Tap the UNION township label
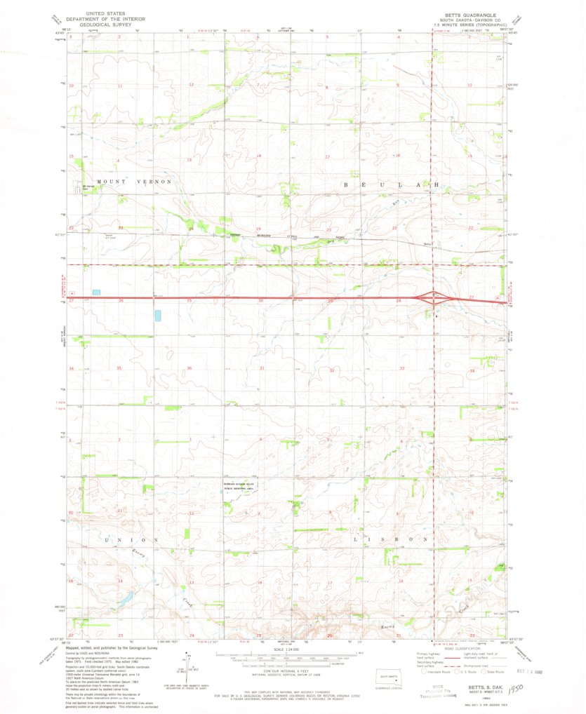pyautogui.click(x=132, y=539)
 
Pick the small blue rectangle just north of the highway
pyautogui.click(x=96, y=292)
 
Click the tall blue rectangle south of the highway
pyautogui.click(x=158, y=314)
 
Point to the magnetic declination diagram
pyautogui.click(x=189, y=664)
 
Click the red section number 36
pyautogui.click(x=190, y=368)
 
